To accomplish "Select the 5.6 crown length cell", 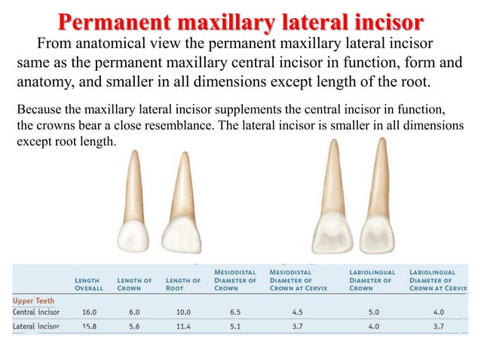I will [x=134, y=327].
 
